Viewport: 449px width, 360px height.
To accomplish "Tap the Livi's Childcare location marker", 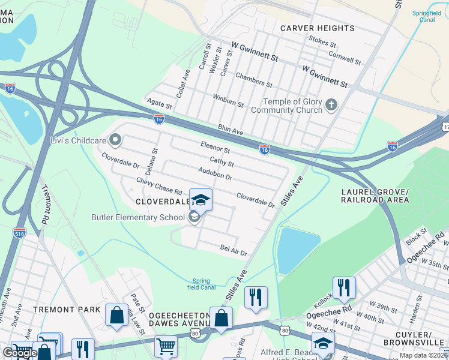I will [115, 140].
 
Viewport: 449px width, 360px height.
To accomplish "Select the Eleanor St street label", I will [215, 148].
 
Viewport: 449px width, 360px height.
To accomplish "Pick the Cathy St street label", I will [221, 161].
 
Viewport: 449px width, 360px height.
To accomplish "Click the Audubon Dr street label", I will [215, 175].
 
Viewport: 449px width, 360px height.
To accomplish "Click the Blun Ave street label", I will [231, 130].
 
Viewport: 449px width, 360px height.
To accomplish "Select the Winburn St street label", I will [228, 100].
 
